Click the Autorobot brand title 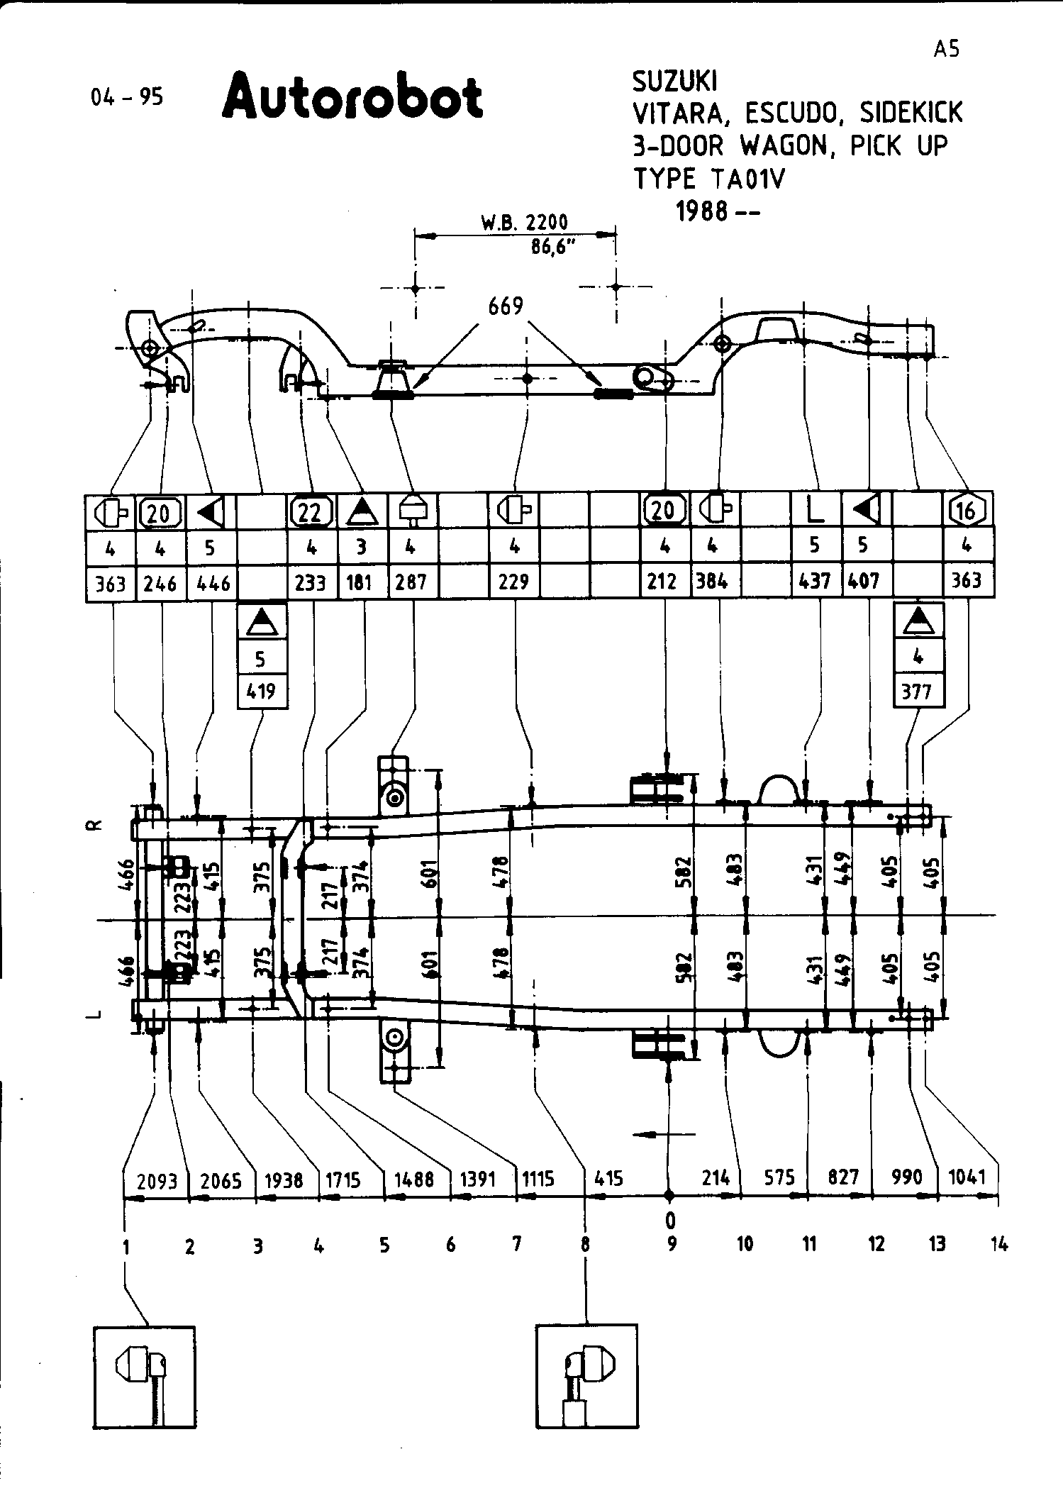click(352, 95)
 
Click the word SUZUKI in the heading click(674, 82)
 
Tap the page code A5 click(947, 50)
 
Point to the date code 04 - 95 click(127, 97)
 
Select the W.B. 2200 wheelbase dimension click(525, 222)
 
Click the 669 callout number click(506, 306)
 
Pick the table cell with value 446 click(213, 583)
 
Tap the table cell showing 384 click(712, 582)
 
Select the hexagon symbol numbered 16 click(967, 510)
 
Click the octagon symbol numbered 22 click(311, 511)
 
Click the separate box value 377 click(917, 690)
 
